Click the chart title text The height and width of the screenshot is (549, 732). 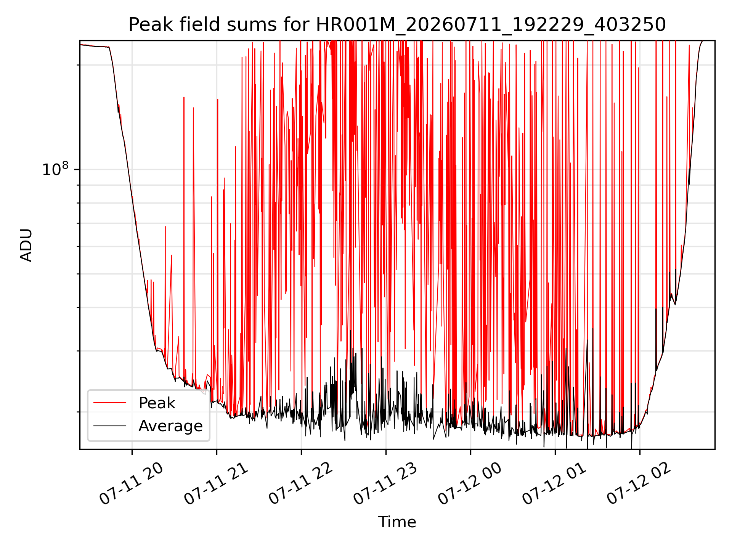click(x=397, y=25)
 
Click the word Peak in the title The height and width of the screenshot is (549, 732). click(x=145, y=25)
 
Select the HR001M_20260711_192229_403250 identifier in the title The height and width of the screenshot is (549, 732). click(x=491, y=25)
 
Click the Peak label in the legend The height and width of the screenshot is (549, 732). click(x=157, y=403)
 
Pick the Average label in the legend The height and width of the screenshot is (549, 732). click(x=170, y=426)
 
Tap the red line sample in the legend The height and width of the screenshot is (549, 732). click(x=110, y=403)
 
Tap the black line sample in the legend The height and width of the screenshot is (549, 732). click(x=110, y=426)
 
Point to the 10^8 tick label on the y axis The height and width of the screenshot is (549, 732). click(x=56, y=169)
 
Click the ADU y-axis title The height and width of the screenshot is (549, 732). click(x=26, y=245)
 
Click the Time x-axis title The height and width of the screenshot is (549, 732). click(x=397, y=522)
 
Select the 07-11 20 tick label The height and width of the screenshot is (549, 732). click(x=131, y=483)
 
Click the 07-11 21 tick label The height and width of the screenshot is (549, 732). click(x=216, y=483)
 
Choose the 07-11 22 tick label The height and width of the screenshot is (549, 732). click(x=300, y=483)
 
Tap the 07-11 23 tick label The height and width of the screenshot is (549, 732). click(x=385, y=483)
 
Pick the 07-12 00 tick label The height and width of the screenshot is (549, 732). click(x=470, y=483)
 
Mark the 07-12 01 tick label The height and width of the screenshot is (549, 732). click(x=554, y=483)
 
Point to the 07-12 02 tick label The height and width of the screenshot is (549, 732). click(x=639, y=483)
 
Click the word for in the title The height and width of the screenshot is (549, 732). click(x=298, y=25)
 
